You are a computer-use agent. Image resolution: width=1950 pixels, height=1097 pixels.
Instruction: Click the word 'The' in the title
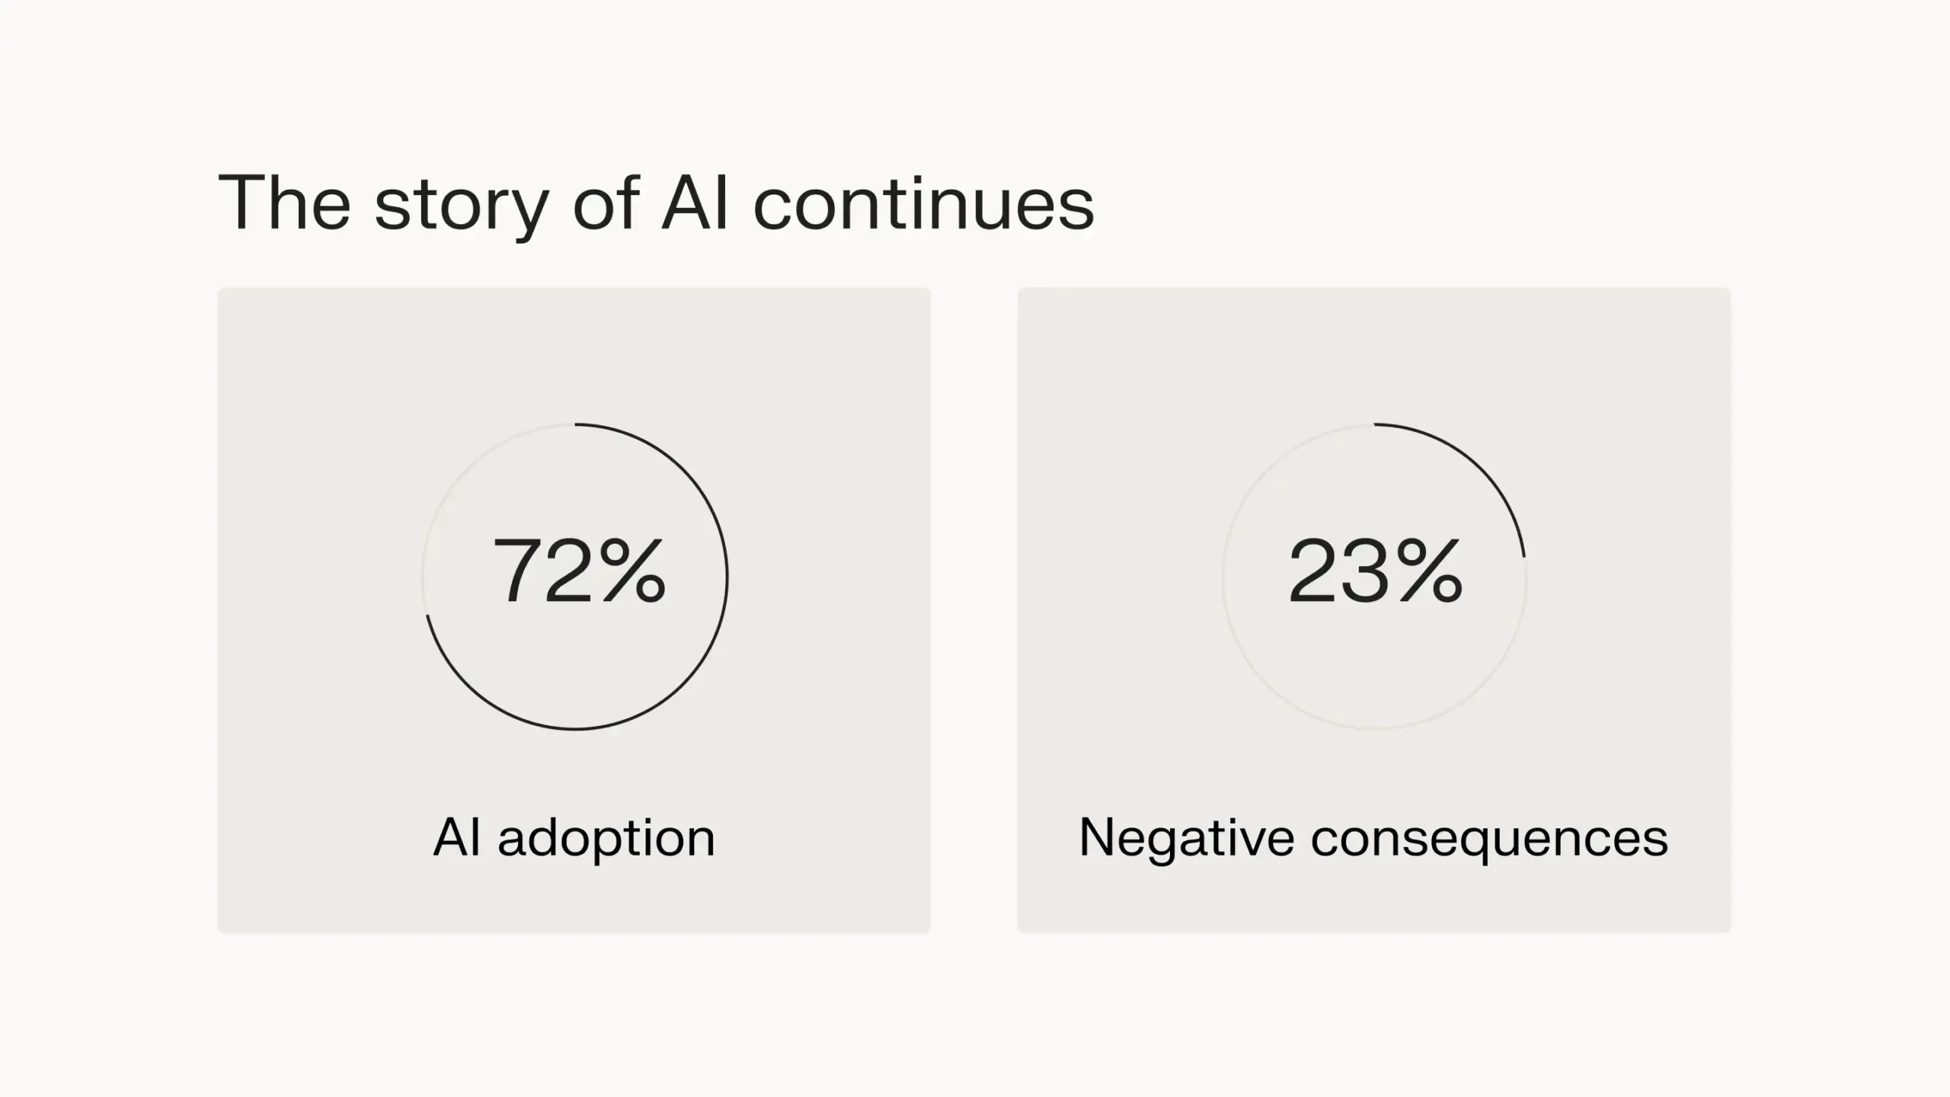[x=283, y=203]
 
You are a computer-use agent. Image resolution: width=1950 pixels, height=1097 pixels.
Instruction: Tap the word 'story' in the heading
[x=462, y=206]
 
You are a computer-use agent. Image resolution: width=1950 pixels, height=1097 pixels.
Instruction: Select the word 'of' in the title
[x=606, y=203]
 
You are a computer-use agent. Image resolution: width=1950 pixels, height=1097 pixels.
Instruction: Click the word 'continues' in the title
[x=923, y=204]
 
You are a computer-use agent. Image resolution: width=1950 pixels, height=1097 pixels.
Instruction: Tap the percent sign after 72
[x=632, y=571]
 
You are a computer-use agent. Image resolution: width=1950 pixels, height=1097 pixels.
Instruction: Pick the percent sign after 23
[x=1429, y=571]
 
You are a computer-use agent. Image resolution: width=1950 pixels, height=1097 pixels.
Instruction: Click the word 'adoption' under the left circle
[x=606, y=839]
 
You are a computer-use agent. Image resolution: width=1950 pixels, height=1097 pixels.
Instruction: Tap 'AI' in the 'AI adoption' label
[x=457, y=838]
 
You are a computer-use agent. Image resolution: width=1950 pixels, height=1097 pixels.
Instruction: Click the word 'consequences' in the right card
[x=1489, y=839]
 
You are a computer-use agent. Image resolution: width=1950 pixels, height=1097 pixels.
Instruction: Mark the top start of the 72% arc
[x=576, y=424]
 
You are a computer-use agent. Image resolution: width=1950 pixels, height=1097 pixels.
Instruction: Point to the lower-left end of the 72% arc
[x=427, y=616]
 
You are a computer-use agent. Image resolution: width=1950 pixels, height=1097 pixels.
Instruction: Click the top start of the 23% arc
[x=1376, y=424]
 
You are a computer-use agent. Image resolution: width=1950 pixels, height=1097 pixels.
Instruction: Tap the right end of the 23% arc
[x=1524, y=556]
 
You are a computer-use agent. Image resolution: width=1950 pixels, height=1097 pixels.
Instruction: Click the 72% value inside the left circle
[x=580, y=571]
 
